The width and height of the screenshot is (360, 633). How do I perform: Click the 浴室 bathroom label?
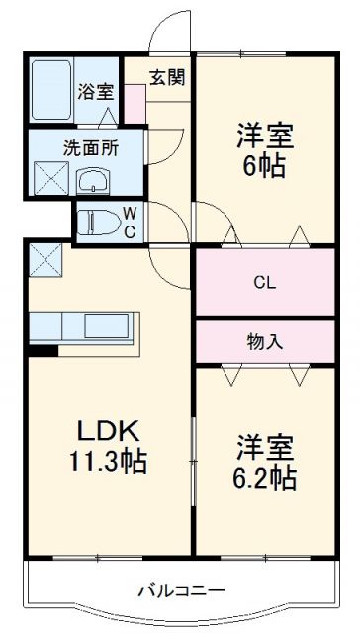pyautogui.click(x=97, y=94)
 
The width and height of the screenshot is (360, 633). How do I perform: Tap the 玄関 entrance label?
pyautogui.click(x=166, y=78)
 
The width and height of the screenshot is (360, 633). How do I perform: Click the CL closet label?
pyautogui.click(x=264, y=283)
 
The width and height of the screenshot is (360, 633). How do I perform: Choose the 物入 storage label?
pyautogui.click(x=264, y=342)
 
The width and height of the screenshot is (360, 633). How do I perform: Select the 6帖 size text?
pyautogui.click(x=265, y=165)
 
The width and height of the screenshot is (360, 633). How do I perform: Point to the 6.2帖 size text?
pyautogui.click(x=265, y=479)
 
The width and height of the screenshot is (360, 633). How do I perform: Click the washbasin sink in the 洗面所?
pyautogui.click(x=95, y=181)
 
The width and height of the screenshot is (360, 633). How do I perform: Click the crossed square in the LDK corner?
pyautogui.click(x=45, y=258)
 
